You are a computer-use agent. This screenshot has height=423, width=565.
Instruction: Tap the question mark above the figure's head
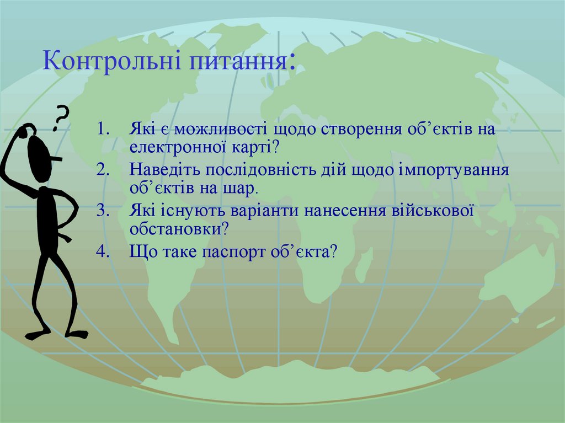pyautogui.click(x=61, y=117)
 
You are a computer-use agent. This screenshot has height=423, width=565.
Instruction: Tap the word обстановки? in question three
pyautogui.click(x=180, y=227)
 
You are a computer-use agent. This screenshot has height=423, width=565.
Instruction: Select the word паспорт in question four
pyautogui.click(x=238, y=251)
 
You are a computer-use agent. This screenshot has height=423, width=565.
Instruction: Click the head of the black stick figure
pyautogui.click(x=39, y=157)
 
